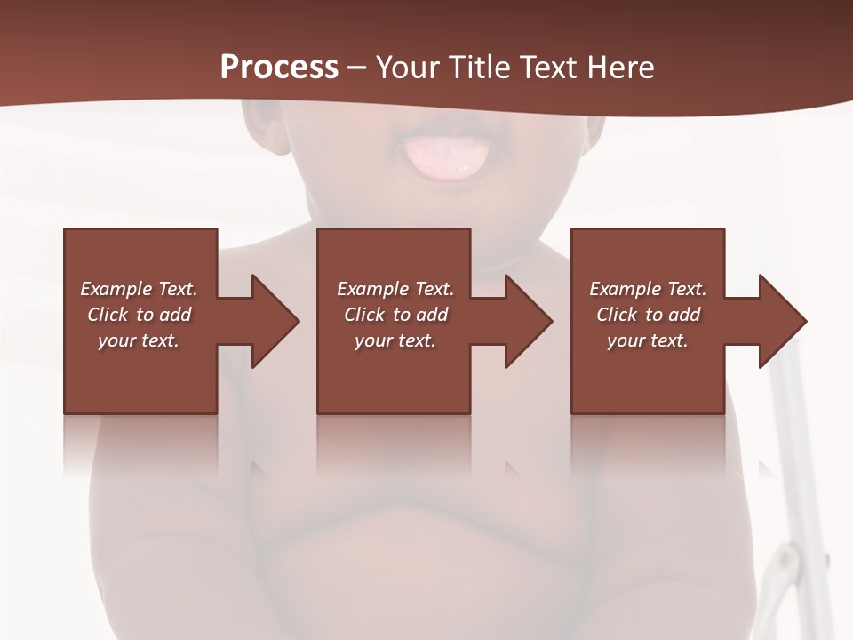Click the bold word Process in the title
279,68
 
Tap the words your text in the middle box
395,340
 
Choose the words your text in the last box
647,340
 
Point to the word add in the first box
175,315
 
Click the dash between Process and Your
357,68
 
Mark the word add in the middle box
432,315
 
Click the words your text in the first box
138,340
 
